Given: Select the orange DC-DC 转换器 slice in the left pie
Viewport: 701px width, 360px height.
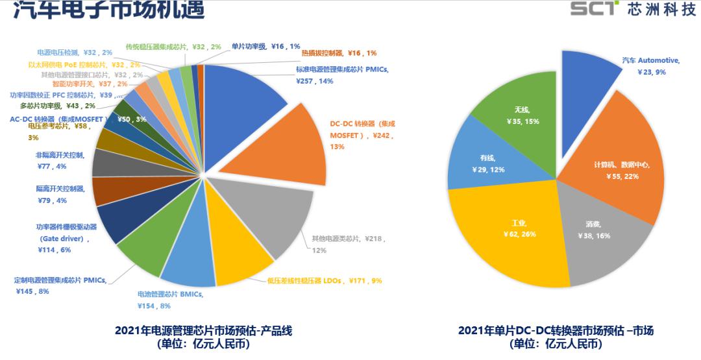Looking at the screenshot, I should (286, 143).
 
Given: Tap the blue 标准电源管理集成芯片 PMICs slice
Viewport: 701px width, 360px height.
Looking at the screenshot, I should (247, 91).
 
